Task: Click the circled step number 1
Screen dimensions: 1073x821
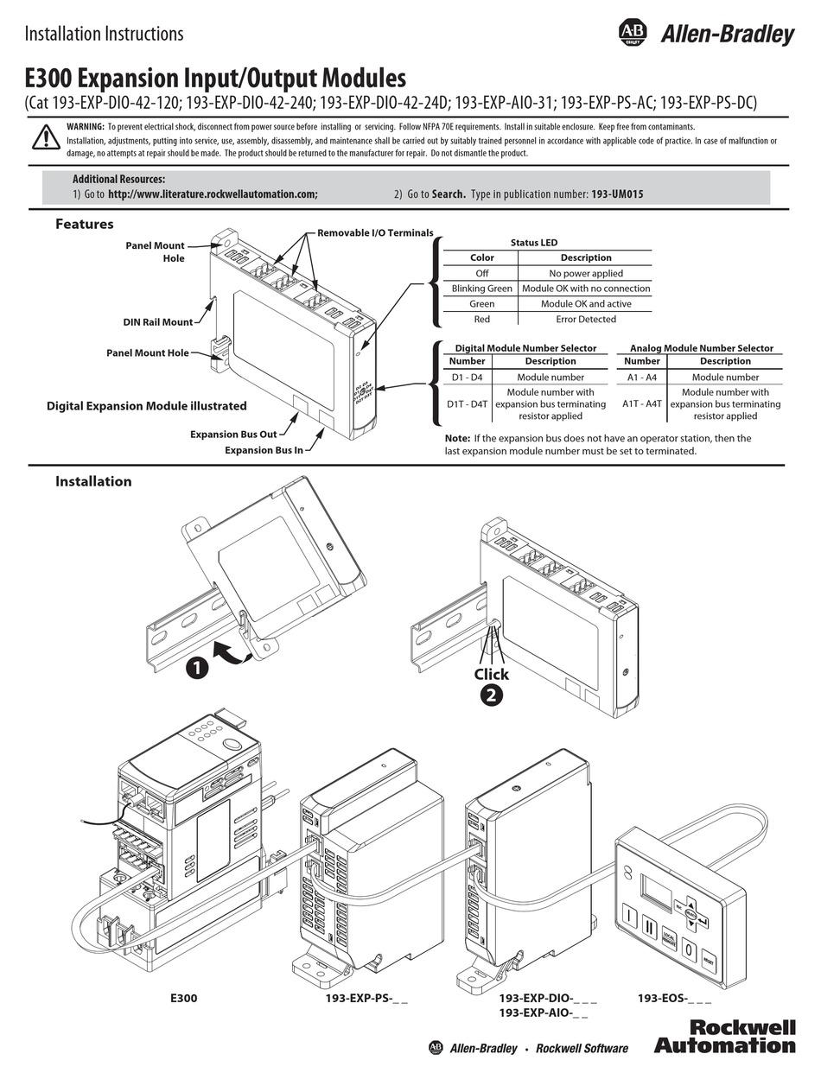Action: (x=196, y=668)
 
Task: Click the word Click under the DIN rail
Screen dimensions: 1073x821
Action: (x=491, y=674)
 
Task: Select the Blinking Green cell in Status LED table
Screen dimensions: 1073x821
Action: (x=481, y=289)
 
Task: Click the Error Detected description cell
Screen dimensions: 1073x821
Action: (x=587, y=319)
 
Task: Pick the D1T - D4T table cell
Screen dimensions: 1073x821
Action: (x=467, y=403)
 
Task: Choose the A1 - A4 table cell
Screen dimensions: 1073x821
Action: (x=641, y=377)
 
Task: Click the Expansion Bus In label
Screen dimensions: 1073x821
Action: (x=264, y=450)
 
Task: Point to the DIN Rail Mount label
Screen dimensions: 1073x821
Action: (x=157, y=322)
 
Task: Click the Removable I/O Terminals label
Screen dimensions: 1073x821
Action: (x=374, y=233)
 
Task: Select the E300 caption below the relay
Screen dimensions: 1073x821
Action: (x=183, y=998)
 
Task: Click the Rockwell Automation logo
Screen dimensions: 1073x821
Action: (x=724, y=1036)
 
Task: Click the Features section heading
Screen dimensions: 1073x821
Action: (x=85, y=224)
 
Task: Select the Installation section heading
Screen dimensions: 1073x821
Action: (x=93, y=481)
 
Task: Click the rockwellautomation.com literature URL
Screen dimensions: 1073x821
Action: (x=213, y=194)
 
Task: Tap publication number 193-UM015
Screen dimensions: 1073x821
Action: (x=617, y=194)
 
